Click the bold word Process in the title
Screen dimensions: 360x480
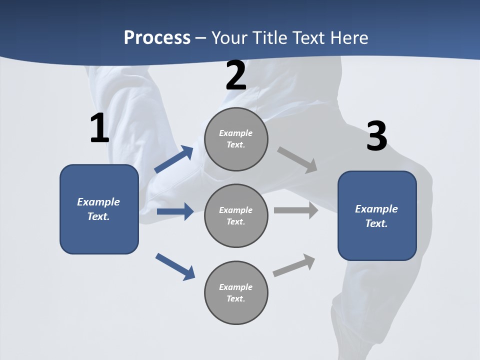pos(157,38)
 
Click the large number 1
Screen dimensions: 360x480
pos(99,128)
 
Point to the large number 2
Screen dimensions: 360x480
pos(236,76)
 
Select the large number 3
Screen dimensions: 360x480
pos(376,136)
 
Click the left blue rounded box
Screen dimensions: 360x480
pos(99,209)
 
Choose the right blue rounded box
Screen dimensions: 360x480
pos(377,216)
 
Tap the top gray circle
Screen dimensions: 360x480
pos(236,139)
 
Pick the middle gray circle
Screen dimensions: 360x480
pos(236,216)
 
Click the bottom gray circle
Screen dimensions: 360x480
pos(236,293)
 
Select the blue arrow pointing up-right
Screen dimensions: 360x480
pos(174,159)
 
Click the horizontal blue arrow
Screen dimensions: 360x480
pos(175,211)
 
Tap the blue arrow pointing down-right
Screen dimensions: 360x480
pos(175,266)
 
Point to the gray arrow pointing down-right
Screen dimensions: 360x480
pos(297,159)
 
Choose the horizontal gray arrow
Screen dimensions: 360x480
pos(296,210)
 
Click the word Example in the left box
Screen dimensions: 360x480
pos(98,202)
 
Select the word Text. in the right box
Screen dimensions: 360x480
pos(376,223)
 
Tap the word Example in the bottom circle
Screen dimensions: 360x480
pos(235,287)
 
